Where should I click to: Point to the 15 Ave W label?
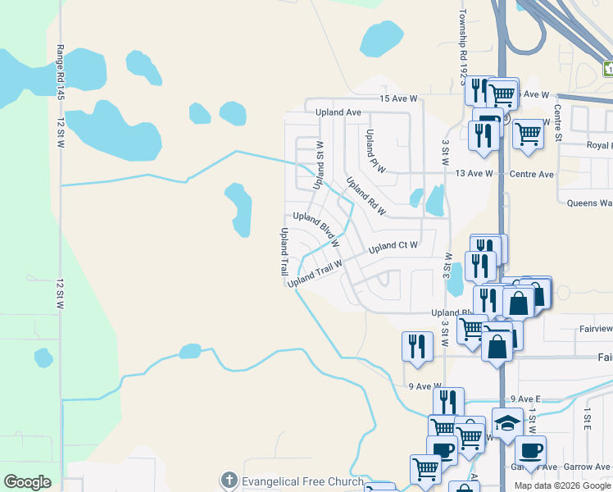click(x=398, y=98)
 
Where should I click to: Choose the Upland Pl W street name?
click(x=375, y=151)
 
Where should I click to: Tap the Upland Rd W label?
click(x=366, y=198)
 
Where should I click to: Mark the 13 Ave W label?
click(x=475, y=174)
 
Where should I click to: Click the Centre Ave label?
click(x=532, y=174)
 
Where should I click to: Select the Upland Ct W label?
click(x=393, y=246)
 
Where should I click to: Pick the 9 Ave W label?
click(x=425, y=386)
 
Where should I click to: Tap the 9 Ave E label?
click(x=525, y=399)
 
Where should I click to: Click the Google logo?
click(x=27, y=481)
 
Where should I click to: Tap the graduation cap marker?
click(x=507, y=423)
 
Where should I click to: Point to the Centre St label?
click(x=556, y=122)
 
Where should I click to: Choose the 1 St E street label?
click(x=588, y=422)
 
